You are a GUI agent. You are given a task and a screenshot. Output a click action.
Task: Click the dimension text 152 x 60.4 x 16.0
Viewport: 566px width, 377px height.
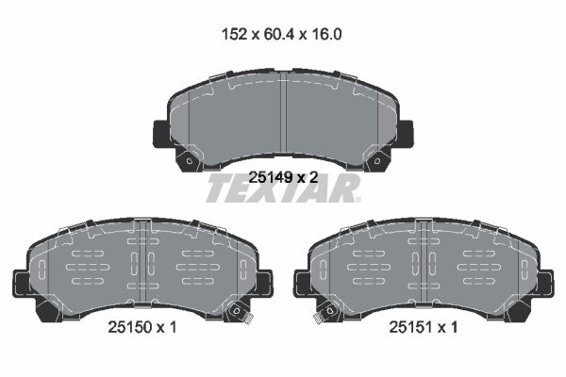[281, 34]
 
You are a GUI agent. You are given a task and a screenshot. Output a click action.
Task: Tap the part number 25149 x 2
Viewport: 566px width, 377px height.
[283, 177]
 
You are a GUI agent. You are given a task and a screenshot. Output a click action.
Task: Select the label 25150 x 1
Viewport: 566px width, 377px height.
[142, 327]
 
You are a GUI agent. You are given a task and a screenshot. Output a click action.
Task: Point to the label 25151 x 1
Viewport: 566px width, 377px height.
[423, 327]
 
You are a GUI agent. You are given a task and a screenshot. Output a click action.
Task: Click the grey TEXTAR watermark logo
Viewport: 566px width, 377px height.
[283, 188]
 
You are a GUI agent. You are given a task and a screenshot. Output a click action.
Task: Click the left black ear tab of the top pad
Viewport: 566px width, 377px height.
[161, 134]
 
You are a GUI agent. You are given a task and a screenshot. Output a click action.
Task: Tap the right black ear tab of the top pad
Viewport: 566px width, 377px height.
[406, 134]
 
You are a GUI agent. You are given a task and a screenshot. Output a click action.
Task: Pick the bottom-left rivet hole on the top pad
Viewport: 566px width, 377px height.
[190, 161]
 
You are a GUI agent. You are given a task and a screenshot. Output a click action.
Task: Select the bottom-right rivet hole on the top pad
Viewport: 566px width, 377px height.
[376, 161]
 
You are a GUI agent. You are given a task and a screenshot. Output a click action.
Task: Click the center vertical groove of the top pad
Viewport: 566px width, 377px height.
[283, 116]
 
